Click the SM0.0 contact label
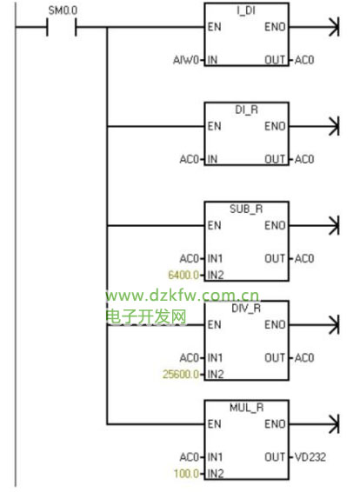pos(63,10)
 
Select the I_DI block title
pos(246,10)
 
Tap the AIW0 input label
pos(186,60)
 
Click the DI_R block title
pos(247,110)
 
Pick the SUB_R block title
pos(246,209)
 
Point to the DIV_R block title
pos(246,309)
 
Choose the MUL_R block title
pos(247,408)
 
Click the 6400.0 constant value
pos(183,275)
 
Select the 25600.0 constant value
pos(181,374)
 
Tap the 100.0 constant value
pos(186,473)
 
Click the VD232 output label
pos(310,457)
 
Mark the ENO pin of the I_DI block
pos(275,27)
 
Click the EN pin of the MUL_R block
pos(215,424)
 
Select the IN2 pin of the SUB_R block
pos(216,275)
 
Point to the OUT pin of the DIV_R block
pos(275,358)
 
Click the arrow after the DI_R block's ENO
pos(314,126)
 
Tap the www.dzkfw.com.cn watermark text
pos(183,296)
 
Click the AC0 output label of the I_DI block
pos(304,60)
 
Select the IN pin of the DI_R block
pos(212,159)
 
